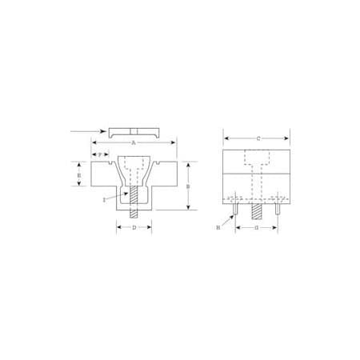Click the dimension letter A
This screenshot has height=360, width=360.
pos(134,141)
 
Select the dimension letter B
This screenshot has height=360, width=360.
pos(188,186)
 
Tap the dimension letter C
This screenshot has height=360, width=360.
pos(258,139)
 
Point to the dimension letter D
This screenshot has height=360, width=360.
pos(134,228)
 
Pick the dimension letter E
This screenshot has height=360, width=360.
pos(79,174)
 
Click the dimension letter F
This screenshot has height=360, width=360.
pos(101,153)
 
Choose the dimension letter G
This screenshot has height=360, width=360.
pos(255,228)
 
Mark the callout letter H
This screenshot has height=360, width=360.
pos(218,228)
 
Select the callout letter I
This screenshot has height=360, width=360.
pos(104,199)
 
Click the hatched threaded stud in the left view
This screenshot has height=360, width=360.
pos(134,203)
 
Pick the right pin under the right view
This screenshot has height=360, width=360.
pos(276,211)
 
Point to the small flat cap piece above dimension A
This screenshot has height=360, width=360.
pos(134,130)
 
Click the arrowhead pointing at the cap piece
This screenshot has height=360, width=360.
pos(105,130)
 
